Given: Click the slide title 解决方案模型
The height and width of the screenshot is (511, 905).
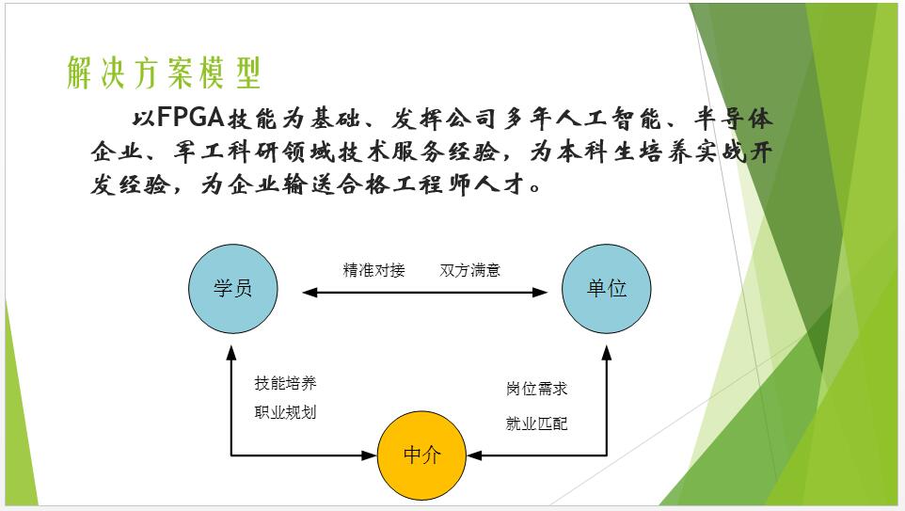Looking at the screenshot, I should (x=164, y=72).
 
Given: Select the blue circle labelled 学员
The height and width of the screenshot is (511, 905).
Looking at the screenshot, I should (x=232, y=288).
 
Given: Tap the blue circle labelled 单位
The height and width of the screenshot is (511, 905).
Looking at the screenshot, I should (x=607, y=288).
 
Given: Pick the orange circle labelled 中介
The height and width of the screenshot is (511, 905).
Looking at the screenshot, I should (x=421, y=455).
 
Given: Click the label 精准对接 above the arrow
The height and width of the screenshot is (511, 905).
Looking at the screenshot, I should (x=373, y=270).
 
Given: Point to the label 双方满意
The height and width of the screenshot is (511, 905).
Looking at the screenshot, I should (x=469, y=270).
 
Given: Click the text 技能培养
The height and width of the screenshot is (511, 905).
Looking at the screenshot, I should (x=285, y=383).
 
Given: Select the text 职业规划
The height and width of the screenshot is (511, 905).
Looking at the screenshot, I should (x=285, y=412).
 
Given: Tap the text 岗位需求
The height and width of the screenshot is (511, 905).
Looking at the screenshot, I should (x=536, y=388).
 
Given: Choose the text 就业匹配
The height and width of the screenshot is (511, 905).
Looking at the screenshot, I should (x=536, y=423).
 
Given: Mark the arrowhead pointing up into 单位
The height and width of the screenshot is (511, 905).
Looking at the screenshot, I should (x=607, y=352).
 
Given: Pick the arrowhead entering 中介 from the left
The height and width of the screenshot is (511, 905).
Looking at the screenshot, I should (x=369, y=455).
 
